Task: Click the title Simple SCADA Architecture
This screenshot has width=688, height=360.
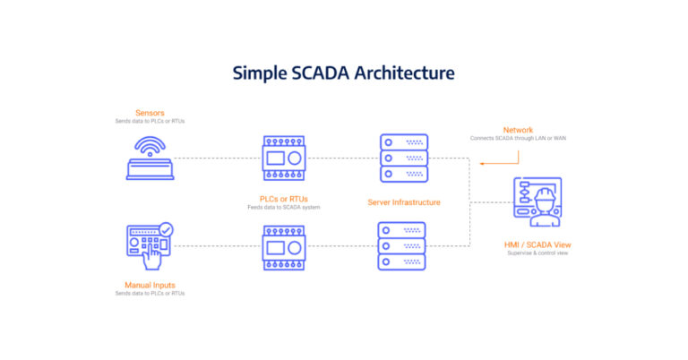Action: coord(344,73)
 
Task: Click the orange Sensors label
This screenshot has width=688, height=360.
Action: coord(150,112)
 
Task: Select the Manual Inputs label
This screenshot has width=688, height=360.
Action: coord(150,284)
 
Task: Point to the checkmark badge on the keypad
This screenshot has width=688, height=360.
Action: coord(166,229)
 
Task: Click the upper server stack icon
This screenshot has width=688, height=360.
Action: coord(403,158)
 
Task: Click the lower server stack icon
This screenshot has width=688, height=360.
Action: coord(403,245)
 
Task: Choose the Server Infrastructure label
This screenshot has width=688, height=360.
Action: coord(404,202)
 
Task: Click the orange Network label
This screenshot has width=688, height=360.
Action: coord(518,129)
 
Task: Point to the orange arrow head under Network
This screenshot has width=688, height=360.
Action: coord(480,164)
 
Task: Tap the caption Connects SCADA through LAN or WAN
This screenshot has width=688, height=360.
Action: coord(518,138)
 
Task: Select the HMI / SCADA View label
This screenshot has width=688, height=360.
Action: coord(537,244)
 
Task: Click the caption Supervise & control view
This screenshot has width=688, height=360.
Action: coord(537,253)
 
